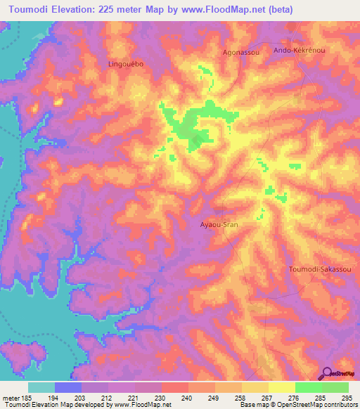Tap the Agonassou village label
click(221, 52)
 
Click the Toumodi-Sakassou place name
click(320, 269)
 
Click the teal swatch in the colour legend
click(41, 387)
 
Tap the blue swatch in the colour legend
click(68, 387)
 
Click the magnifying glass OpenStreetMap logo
click(327, 373)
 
